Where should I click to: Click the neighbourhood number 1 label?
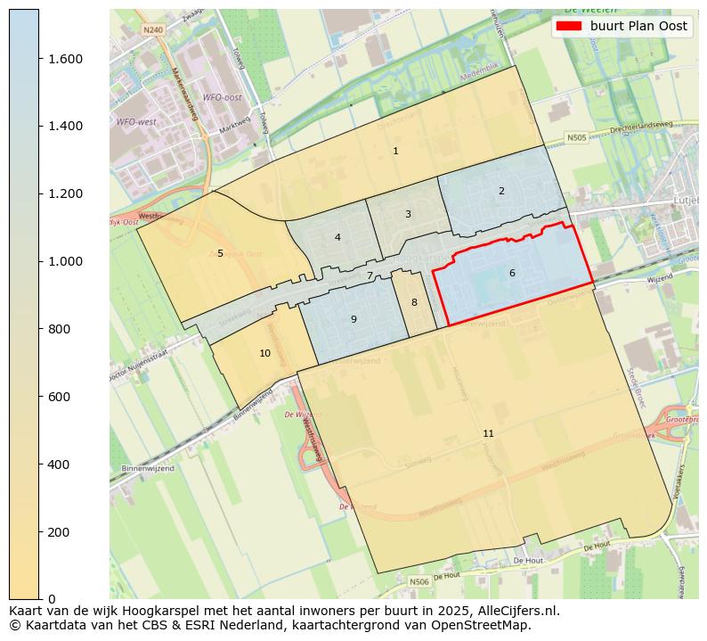point(395,151)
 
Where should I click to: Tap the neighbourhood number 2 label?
point(501,191)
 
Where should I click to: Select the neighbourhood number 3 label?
point(408,214)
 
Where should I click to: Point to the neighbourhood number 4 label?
point(337,237)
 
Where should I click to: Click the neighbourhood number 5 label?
point(220,253)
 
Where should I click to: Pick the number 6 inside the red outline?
point(512,273)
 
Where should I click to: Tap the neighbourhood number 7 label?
point(370,275)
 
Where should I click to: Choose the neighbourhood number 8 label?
point(414,302)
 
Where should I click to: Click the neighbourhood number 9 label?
point(353,319)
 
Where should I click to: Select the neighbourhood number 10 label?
point(264,353)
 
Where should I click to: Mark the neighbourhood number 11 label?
point(488,433)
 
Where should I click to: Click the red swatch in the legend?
point(569,26)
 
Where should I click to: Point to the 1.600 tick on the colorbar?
point(65,59)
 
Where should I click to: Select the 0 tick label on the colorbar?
point(53,599)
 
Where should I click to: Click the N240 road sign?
point(152,29)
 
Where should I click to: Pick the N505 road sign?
point(577,137)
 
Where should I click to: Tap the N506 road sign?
point(419,581)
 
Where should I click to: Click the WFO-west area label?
point(135,121)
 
